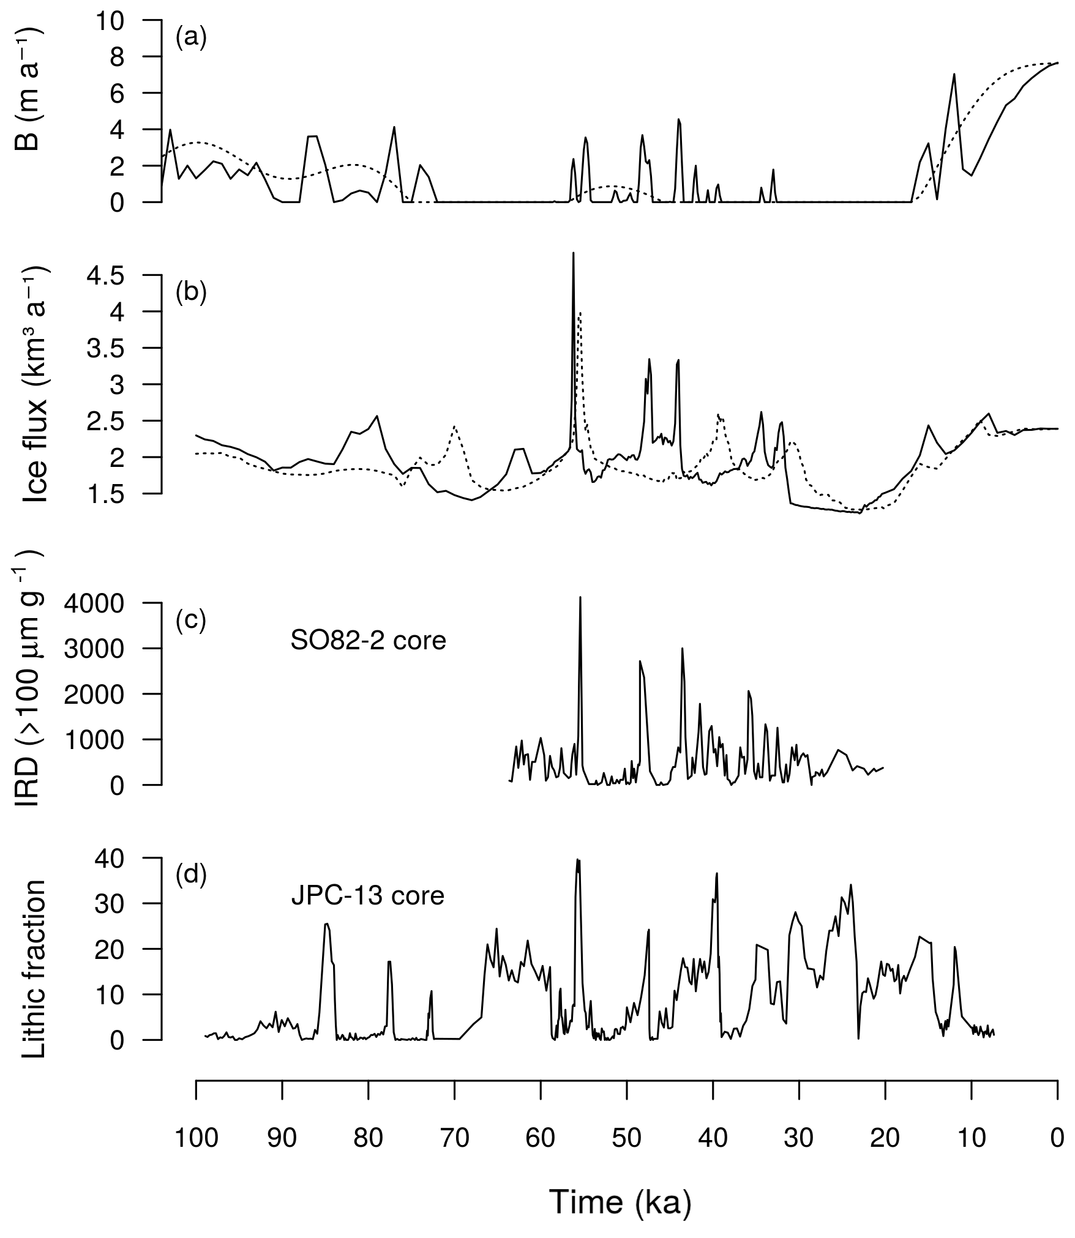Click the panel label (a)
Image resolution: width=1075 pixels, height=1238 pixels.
[x=191, y=38]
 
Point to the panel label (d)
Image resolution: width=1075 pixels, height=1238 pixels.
[x=191, y=875]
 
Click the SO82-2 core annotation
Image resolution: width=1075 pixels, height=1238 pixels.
[x=369, y=641]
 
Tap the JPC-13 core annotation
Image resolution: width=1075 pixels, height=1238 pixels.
[x=367, y=896]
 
